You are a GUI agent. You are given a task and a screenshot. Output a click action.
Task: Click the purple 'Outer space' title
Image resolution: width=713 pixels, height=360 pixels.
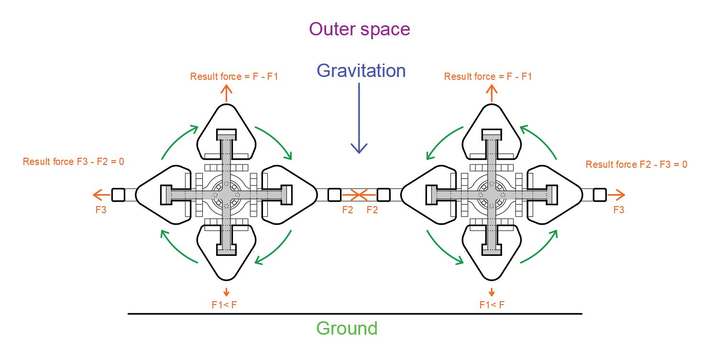tap(359, 30)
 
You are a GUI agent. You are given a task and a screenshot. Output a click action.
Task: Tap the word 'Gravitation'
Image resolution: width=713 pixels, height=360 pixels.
tap(361, 70)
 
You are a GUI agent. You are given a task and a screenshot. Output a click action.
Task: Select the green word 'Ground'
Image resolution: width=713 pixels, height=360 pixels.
tap(347, 328)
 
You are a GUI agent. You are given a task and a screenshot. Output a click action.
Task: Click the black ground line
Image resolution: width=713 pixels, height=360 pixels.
tap(355, 314)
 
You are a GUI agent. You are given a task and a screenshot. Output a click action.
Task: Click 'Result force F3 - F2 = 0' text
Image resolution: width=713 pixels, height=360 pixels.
tap(73, 162)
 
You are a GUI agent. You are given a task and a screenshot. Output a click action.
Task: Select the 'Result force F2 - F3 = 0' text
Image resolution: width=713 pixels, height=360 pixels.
tap(636, 164)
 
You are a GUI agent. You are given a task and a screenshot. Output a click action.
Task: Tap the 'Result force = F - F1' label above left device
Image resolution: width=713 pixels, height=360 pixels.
tap(234, 76)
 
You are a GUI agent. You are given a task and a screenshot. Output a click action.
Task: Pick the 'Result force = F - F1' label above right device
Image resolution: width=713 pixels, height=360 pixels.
tap(488, 76)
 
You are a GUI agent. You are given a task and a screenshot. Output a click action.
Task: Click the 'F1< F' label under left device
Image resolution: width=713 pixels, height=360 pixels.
tap(224, 305)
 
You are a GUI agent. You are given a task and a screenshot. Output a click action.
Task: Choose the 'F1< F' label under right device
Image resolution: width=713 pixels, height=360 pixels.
tap(492, 305)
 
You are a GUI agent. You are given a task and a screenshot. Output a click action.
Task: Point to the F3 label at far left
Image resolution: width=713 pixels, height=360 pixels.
tap(101, 210)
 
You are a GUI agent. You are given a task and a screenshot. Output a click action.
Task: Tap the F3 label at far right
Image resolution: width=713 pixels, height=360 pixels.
tap(619, 210)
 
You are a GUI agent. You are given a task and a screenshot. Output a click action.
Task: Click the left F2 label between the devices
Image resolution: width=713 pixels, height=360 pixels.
tap(348, 210)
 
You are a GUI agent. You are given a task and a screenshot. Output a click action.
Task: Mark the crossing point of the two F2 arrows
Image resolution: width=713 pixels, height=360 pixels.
tap(359, 195)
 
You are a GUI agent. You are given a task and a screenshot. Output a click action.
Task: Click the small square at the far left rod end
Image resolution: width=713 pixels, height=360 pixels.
tap(118, 195)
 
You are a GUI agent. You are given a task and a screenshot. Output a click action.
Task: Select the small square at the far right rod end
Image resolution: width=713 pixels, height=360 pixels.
tap(600, 195)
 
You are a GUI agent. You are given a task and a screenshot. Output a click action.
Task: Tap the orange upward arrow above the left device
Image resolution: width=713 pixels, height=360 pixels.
tap(226, 93)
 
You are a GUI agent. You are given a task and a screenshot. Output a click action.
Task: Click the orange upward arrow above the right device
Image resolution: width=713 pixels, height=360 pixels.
tap(492, 93)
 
